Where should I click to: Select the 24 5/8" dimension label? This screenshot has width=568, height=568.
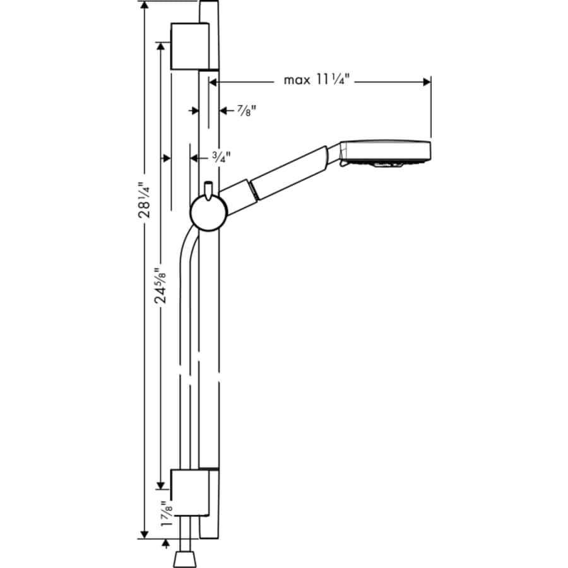[162, 284]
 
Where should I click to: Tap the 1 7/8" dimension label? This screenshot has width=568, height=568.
[165, 512]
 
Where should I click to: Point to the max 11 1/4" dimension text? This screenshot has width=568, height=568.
[316, 80]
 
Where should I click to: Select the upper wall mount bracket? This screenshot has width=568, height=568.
[189, 47]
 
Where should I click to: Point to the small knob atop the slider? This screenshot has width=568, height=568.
[208, 187]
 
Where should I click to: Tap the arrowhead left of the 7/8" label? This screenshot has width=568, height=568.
[195, 110]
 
